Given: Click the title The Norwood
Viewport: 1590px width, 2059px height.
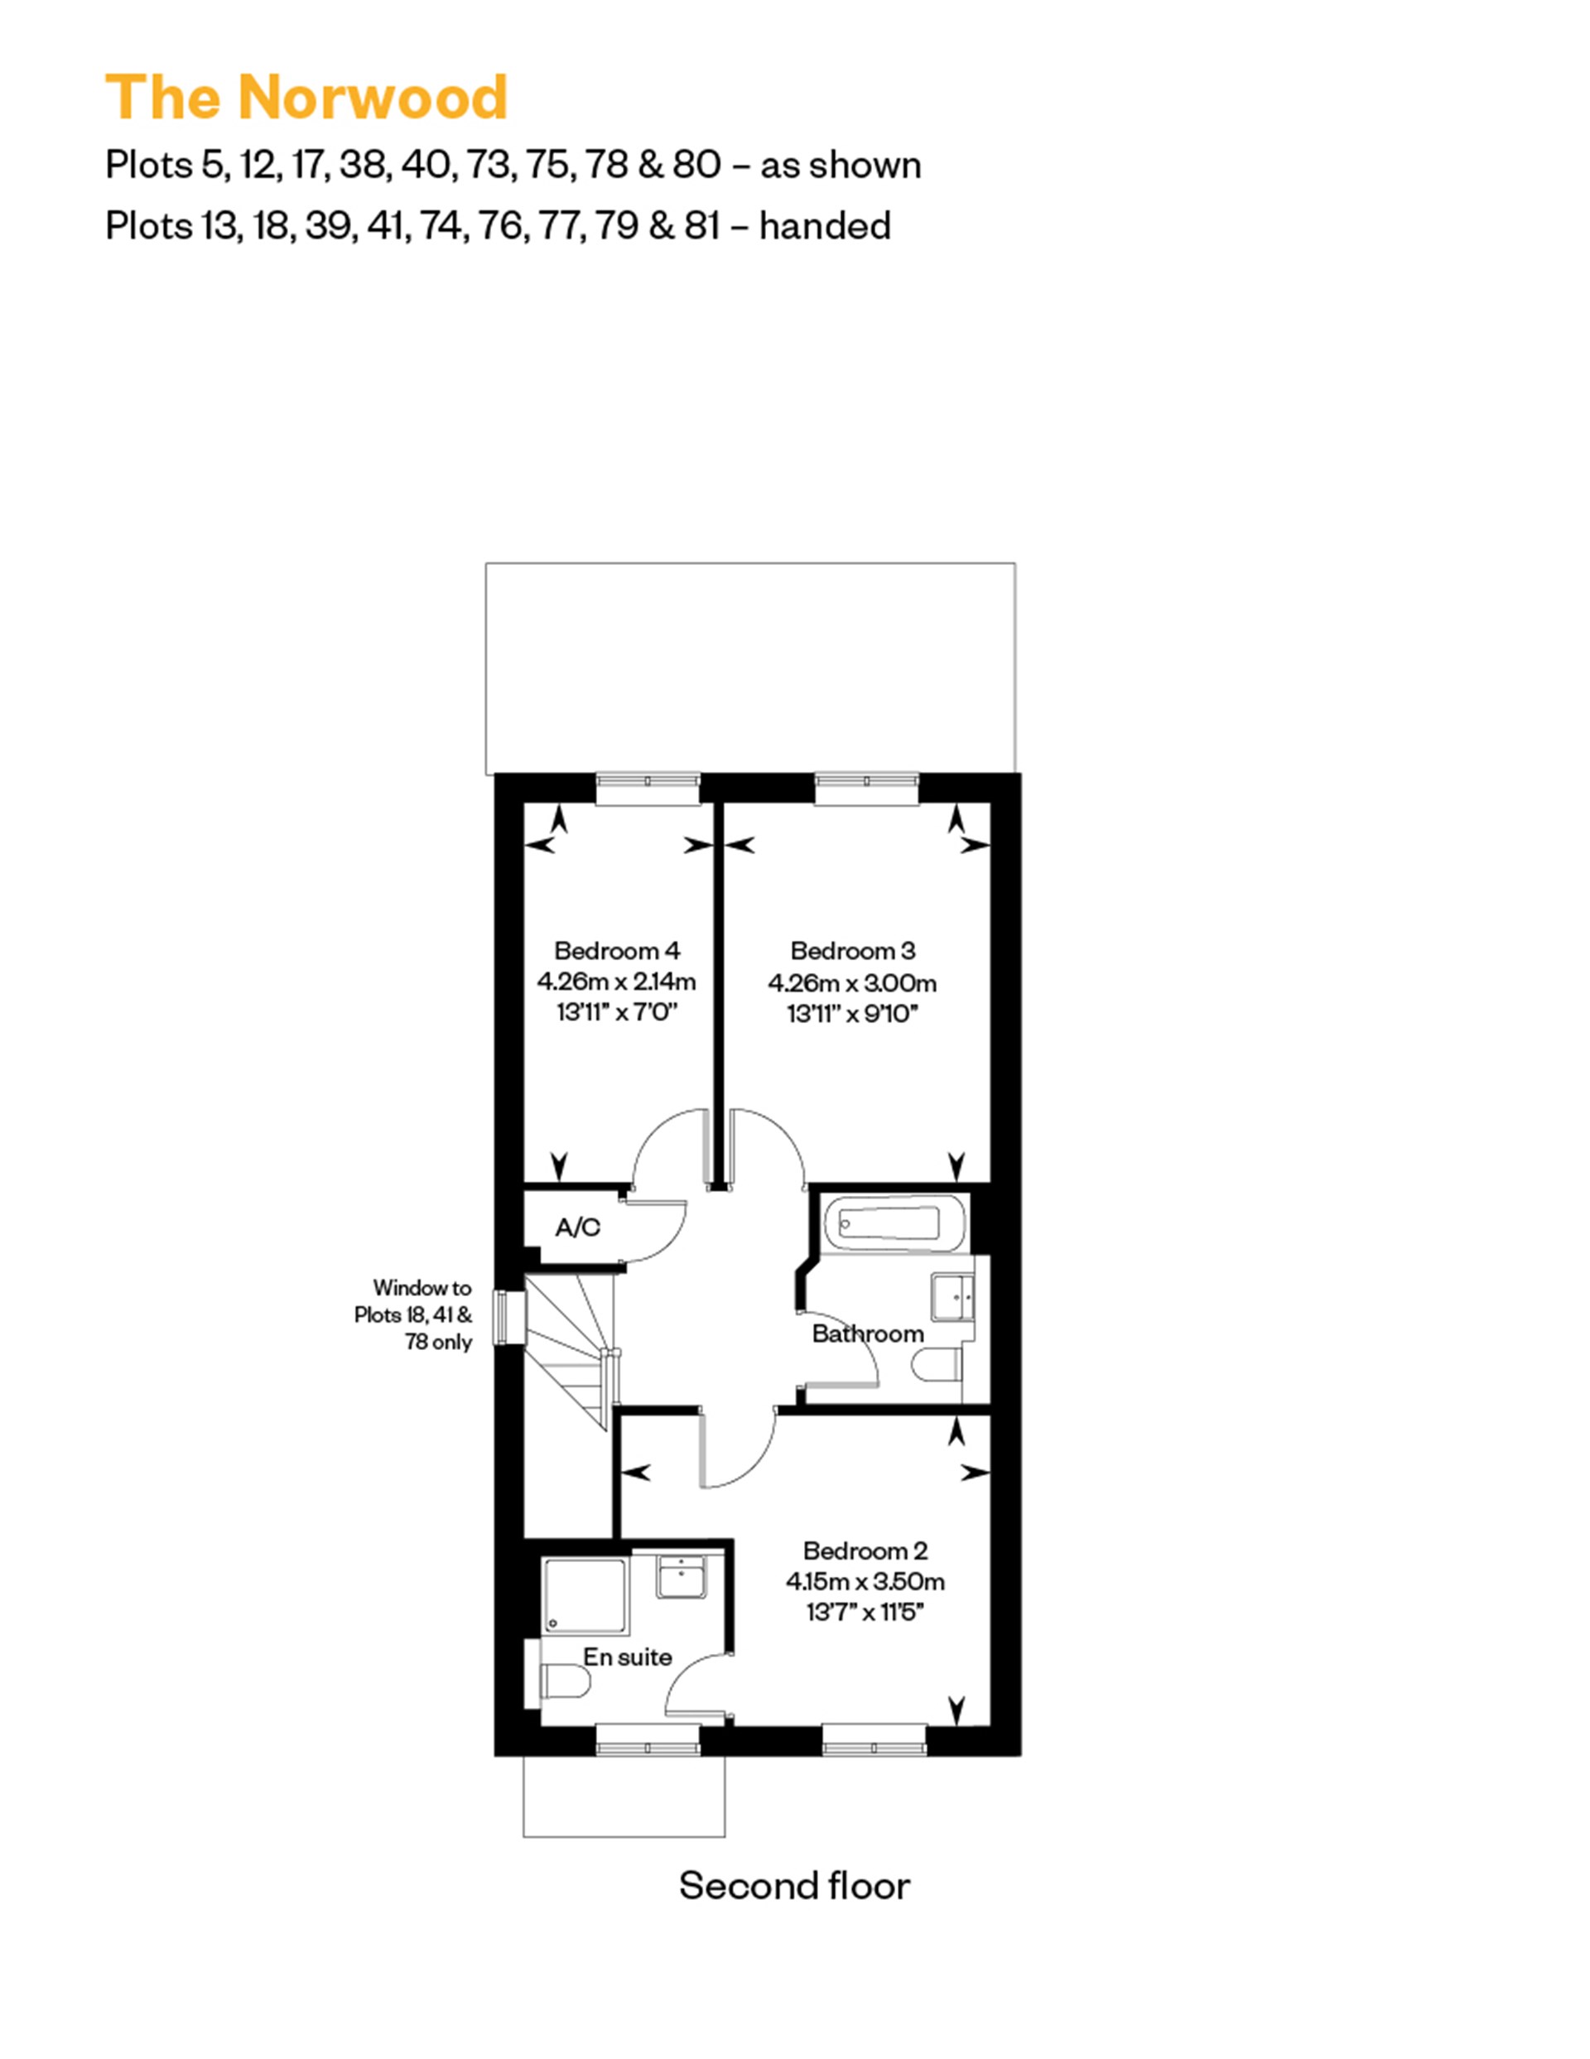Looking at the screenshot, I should (307, 97).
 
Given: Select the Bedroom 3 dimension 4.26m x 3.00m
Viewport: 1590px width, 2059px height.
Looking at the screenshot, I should (852, 983).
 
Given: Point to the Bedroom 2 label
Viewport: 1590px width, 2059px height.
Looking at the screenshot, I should (865, 1550).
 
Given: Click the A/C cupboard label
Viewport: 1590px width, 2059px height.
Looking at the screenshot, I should (578, 1227).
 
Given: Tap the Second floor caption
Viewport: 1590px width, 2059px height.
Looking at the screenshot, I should (794, 1886).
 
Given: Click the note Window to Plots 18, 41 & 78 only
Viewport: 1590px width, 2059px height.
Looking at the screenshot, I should (415, 1314).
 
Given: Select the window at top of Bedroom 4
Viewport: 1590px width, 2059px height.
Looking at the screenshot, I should (648, 790).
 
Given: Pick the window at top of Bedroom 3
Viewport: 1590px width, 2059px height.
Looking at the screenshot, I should (866, 790).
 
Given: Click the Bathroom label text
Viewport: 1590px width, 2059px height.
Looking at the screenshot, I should (867, 1334).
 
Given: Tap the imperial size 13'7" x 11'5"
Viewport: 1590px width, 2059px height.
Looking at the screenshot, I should (865, 1612).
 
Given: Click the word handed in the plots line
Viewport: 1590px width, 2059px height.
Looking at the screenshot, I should (825, 226).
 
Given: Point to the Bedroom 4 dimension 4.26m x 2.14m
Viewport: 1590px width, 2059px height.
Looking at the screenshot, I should (616, 981).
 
